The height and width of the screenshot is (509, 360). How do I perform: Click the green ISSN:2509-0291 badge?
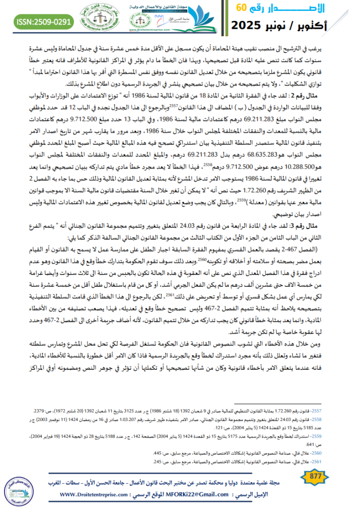[44, 22]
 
